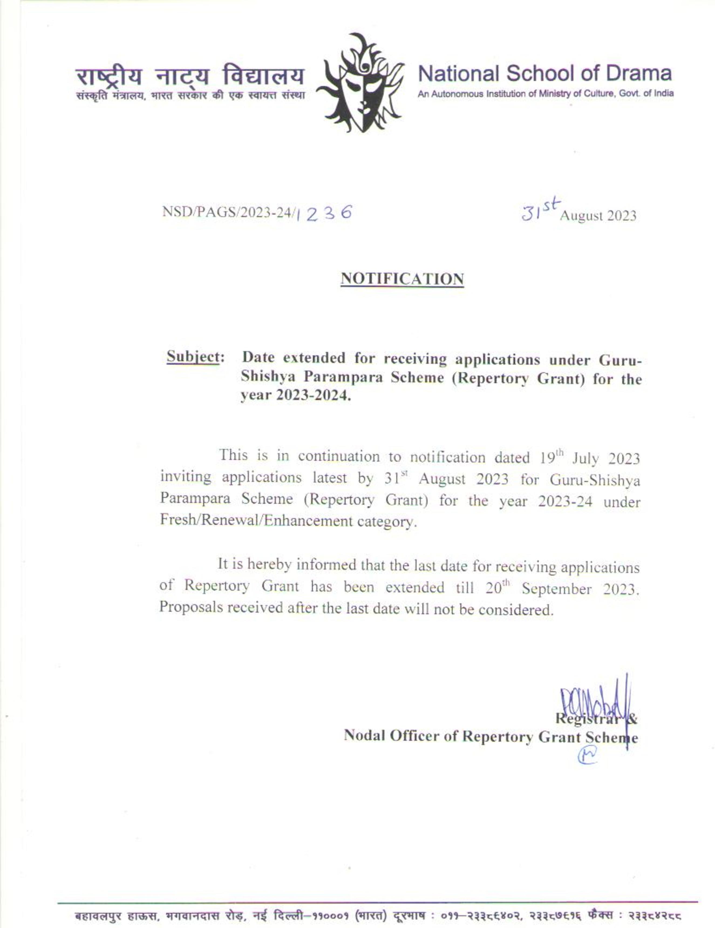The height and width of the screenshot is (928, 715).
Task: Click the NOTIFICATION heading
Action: click(402, 279)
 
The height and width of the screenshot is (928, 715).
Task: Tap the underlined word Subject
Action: click(193, 356)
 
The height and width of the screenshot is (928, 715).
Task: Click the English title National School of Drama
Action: click(545, 74)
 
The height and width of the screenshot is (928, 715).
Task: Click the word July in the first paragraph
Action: click(585, 459)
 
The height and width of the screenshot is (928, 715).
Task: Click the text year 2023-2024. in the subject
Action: click(296, 396)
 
